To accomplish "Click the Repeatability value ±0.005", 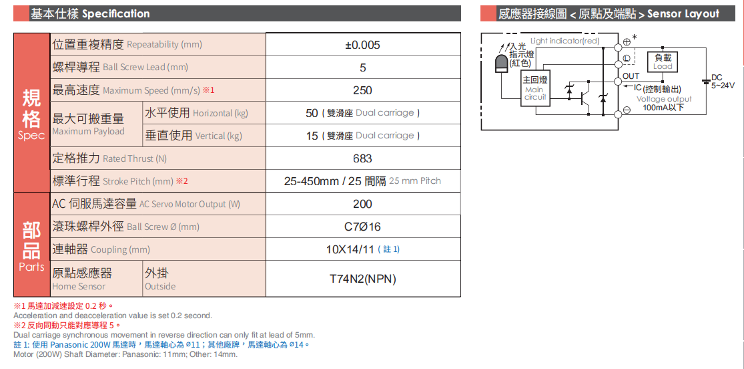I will click(x=362, y=45).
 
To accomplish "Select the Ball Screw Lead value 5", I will click(x=362, y=68).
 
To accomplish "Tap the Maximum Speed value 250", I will click(x=362, y=90).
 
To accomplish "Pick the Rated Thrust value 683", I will click(x=362, y=158).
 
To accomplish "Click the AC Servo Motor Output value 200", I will click(x=362, y=204).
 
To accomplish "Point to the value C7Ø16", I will click(x=362, y=227).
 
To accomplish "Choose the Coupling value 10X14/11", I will click(x=350, y=249).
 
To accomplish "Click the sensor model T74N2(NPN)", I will click(x=362, y=279).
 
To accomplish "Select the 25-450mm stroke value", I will click(x=312, y=181).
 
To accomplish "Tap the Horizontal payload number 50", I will click(x=312, y=113).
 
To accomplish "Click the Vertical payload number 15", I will click(x=312, y=136).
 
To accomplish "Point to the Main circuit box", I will click(x=534, y=88).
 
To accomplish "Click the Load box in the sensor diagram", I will click(x=663, y=62).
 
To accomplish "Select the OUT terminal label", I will click(x=631, y=76).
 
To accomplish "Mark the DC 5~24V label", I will click(x=722, y=82).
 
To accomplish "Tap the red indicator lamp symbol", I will click(x=501, y=65).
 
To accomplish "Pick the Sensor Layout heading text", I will click(x=683, y=13).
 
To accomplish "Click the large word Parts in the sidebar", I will click(x=31, y=267).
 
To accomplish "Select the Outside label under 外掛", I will click(x=160, y=286).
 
